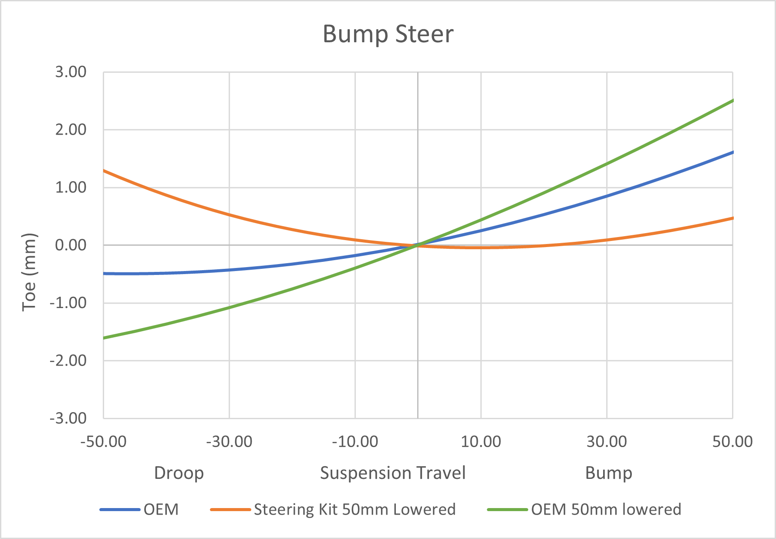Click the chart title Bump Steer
pyautogui.click(x=388, y=34)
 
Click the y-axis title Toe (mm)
pyautogui.click(x=29, y=272)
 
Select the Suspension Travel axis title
pyautogui.click(x=393, y=473)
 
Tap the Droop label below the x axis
pyautogui.click(x=179, y=473)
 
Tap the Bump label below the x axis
pyautogui.click(x=608, y=473)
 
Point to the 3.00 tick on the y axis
pyautogui.click(x=71, y=72)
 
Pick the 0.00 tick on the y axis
pyautogui.click(x=71, y=245)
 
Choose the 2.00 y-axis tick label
pyautogui.click(x=71, y=130)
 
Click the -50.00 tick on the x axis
pyautogui.click(x=103, y=442)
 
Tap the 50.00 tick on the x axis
pyautogui.click(x=732, y=442)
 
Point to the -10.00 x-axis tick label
pyautogui.click(x=355, y=442)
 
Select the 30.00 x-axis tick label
pyautogui.click(x=607, y=442)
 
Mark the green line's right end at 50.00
pyautogui.click(x=732, y=101)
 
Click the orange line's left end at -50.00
pyautogui.click(x=104, y=170)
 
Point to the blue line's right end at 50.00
pyautogui.click(x=732, y=152)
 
